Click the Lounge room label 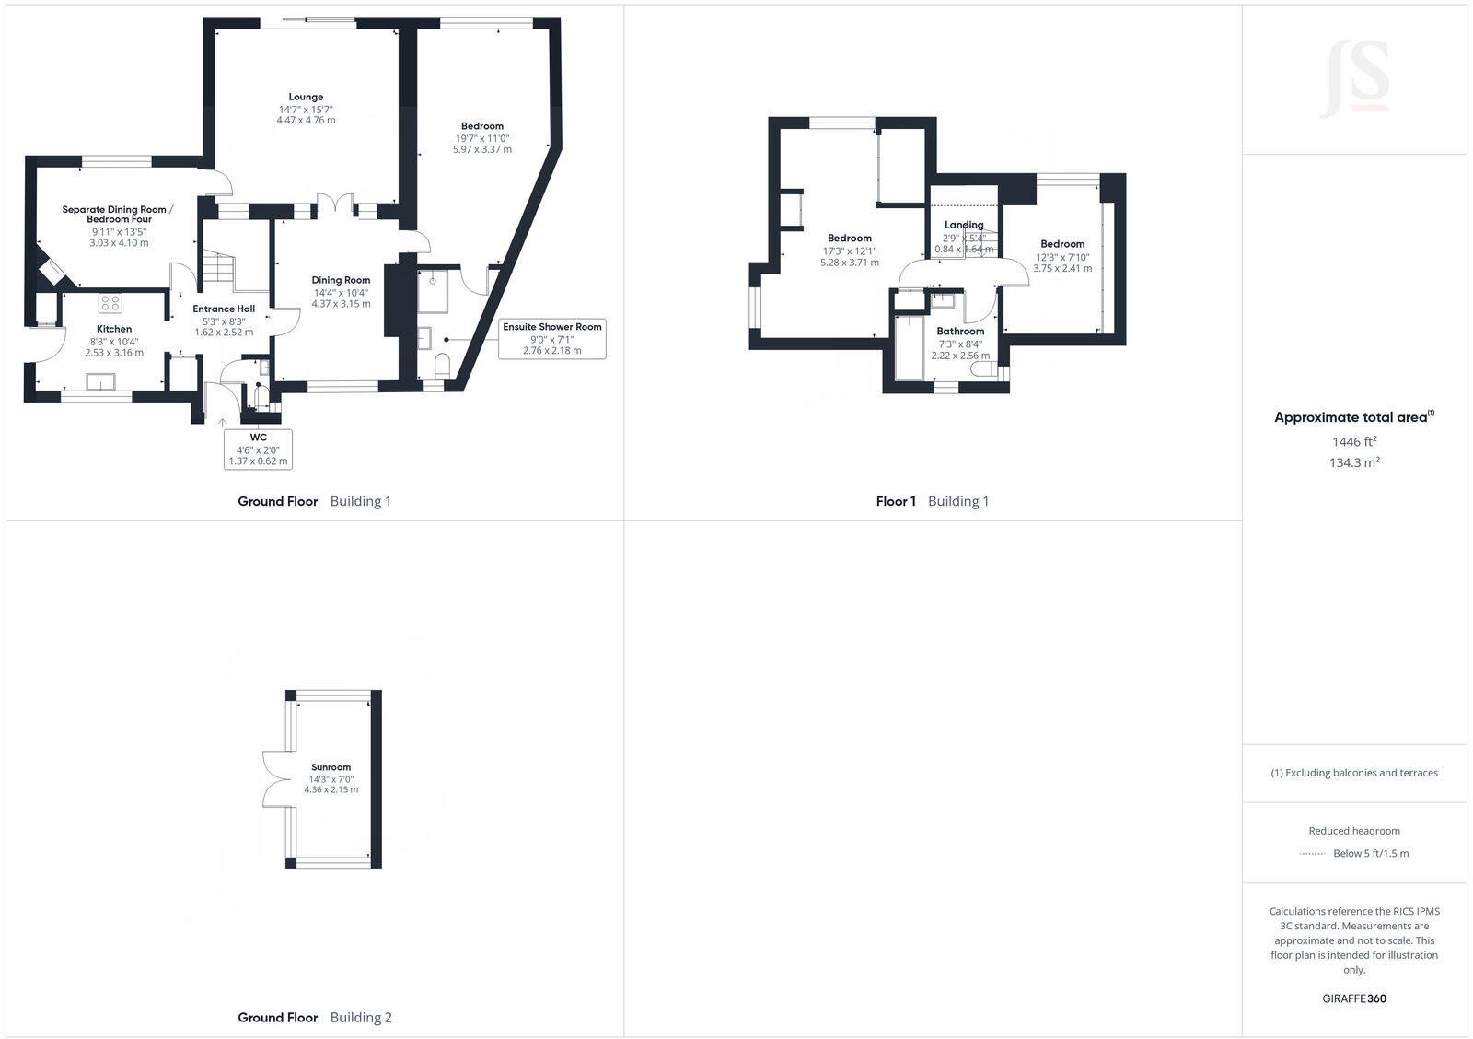click(306, 97)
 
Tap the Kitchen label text click(114, 329)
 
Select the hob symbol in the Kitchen click(110, 302)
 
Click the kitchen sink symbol click(99, 380)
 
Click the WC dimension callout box click(258, 449)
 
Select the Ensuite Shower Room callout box click(551, 338)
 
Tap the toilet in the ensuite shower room click(442, 365)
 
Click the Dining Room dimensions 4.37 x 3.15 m click(341, 303)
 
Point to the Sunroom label click(331, 767)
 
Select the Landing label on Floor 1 click(964, 225)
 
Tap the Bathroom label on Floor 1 click(960, 331)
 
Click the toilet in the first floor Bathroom click(985, 370)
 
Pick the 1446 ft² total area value click(1353, 441)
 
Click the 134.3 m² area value click(1353, 462)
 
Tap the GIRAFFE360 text click(1353, 998)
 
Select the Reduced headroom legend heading click(1353, 831)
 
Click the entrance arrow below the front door click(222, 423)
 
